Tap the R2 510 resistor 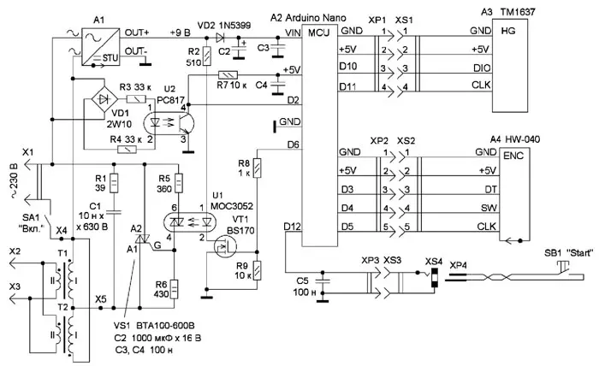click(x=205, y=58)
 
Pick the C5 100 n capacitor click(x=323, y=282)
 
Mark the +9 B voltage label click(x=181, y=30)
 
